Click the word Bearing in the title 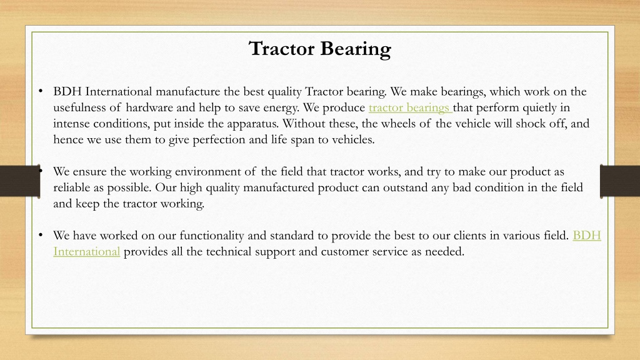coord(355,49)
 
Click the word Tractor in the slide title coord(282,49)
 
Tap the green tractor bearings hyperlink coord(410,108)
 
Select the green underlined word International coord(86,251)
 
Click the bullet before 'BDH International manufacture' coord(41,91)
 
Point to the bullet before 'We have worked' coord(41,235)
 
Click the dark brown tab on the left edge coord(20,181)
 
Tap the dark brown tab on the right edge coord(619,181)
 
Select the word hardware coord(149,107)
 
